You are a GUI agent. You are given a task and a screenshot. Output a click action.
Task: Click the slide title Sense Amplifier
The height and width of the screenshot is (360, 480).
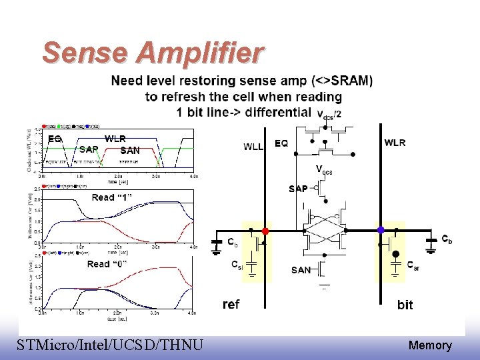[x=153, y=53]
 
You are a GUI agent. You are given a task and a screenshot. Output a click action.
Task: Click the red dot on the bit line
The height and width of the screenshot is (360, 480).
[x=265, y=231]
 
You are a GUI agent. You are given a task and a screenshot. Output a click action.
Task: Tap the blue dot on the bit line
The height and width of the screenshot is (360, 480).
[x=381, y=230]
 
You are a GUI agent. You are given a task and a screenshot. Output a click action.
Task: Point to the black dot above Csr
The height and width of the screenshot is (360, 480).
[x=395, y=254]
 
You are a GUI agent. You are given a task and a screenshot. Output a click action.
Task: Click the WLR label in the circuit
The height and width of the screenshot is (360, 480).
[x=395, y=143]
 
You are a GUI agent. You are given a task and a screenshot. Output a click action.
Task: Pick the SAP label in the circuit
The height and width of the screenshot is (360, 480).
[x=298, y=189]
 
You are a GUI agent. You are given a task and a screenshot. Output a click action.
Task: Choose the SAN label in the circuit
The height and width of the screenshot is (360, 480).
[x=301, y=270]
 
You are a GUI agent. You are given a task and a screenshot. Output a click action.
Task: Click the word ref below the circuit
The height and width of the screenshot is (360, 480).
[x=231, y=304]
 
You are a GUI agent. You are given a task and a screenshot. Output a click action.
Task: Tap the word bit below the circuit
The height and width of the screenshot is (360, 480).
[x=405, y=305]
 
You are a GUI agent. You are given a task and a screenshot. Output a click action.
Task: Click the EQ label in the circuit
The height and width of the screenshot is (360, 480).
[x=281, y=143]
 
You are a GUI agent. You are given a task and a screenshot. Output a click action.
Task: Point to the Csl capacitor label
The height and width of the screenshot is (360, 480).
[x=237, y=265]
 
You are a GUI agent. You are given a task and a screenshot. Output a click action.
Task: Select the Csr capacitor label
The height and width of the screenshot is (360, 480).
[x=413, y=264]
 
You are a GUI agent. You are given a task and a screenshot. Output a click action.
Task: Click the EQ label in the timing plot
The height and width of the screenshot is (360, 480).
[x=55, y=139]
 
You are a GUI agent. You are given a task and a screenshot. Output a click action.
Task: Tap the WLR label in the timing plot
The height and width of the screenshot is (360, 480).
[x=117, y=139]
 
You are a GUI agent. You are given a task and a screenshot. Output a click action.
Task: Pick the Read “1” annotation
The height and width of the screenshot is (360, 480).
[x=112, y=197]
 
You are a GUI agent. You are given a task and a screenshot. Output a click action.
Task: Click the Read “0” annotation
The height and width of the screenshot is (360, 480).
[x=107, y=264]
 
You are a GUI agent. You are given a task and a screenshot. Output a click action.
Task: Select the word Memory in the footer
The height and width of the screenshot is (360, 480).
[x=430, y=345]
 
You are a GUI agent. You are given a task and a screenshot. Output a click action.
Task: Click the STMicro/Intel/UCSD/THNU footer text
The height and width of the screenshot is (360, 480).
[x=111, y=345]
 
